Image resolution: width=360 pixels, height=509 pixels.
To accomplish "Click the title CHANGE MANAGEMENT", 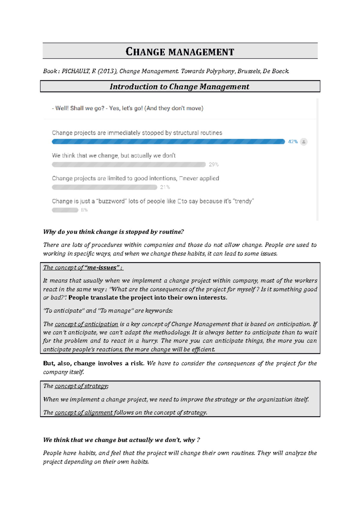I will (180, 52).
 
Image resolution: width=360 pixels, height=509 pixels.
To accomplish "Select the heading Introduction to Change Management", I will (179, 87).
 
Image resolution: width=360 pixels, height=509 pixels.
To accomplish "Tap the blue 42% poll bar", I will (168, 141).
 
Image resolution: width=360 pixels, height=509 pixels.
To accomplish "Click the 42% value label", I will (292, 142).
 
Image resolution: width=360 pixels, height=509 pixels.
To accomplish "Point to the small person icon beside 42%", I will (304, 142).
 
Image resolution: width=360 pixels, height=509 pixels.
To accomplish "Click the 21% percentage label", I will (165, 187).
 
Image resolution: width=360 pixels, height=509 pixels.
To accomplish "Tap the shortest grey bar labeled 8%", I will (65, 210).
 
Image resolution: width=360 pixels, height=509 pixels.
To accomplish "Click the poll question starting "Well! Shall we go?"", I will (127, 108).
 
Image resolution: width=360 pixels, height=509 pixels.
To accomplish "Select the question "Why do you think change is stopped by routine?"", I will (113, 232).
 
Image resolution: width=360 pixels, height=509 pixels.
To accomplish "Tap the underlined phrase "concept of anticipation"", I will (86, 324).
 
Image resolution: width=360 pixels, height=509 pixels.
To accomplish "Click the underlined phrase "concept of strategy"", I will (81, 386).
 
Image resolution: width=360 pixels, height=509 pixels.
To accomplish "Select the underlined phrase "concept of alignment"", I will (84, 412).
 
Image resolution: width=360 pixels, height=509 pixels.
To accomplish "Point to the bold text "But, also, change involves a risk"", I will (93, 363).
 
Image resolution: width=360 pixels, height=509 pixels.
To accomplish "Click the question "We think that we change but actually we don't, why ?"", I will (121, 440).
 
